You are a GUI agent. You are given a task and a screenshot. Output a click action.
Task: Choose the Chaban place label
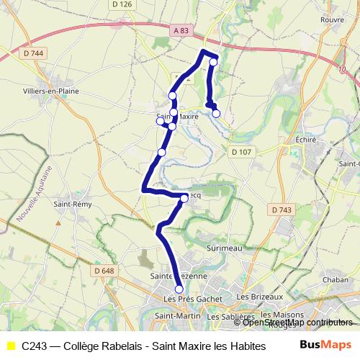[x=336, y=279]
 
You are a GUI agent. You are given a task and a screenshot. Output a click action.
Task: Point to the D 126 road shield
[x=124, y=4]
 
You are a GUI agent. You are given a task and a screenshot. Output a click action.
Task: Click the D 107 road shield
[x=240, y=151]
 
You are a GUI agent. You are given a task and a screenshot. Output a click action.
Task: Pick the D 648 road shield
[x=104, y=271]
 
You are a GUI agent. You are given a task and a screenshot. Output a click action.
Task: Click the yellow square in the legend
[x=11, y=346]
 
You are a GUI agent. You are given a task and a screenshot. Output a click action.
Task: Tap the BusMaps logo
[x=325, y=345]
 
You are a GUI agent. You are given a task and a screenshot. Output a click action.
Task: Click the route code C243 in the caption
[x=35, y=346]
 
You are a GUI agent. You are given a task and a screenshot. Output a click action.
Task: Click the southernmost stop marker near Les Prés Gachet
[x=179, y=289]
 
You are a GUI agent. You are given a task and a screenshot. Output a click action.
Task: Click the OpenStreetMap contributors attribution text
[x=298, y=323]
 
